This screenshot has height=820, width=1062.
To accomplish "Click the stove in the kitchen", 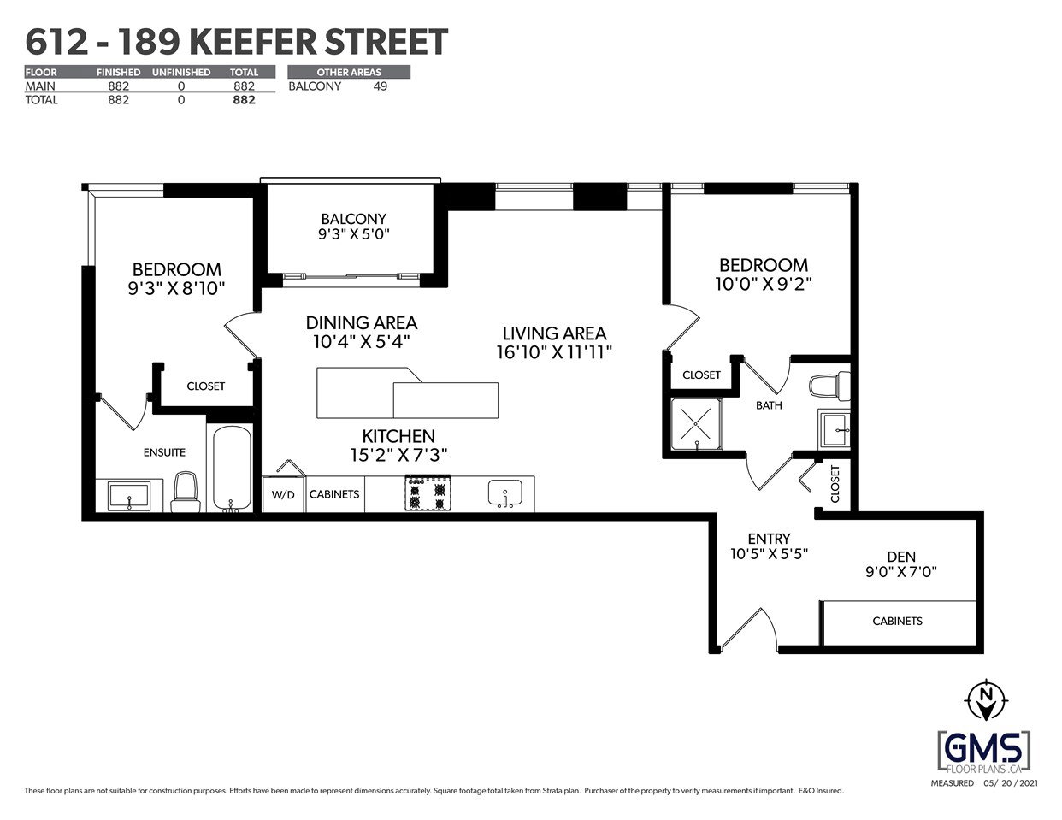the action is [428, 493].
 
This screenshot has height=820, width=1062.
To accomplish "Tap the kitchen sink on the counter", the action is [504, 493].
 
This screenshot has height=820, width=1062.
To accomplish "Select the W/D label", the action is [284, 495].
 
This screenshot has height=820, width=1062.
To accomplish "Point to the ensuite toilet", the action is [186, 492].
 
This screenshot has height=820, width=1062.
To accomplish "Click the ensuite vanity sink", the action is [129, 496].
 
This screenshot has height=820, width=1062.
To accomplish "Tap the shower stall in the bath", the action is [696, 424].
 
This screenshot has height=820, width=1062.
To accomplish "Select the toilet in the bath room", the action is [830, 385].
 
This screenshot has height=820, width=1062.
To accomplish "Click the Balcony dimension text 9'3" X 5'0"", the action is [354, 234].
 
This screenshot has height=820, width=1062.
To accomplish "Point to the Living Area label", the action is [554, 333].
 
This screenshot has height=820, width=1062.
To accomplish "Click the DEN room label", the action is [901, 557].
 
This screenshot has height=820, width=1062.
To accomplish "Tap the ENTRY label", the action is [769, 539].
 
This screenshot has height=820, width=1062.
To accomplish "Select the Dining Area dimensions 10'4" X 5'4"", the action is [361, 341].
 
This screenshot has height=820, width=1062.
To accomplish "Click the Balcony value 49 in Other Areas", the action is [381, 86].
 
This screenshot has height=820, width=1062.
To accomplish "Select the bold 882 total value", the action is [244, 100].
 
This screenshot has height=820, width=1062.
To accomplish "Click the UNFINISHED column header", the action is [181, 73].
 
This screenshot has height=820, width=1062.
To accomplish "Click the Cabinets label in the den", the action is [897, 621].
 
